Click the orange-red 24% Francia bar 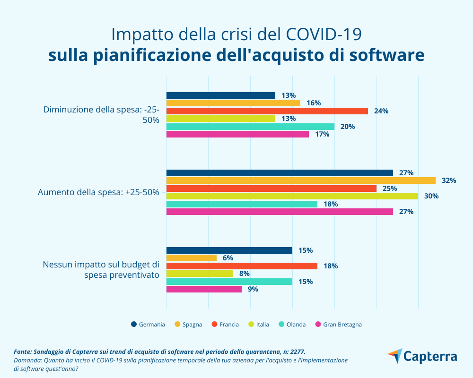(267, 111)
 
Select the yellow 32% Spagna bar (301, 180)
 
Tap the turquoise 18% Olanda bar (242, 204)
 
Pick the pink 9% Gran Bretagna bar (204, 289)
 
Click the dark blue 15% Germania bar (229, 250)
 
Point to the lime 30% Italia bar (292, 196)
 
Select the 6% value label (228, 258)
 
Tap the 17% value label (322, 134)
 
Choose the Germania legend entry (148, 324)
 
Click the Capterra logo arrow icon (395, 356)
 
